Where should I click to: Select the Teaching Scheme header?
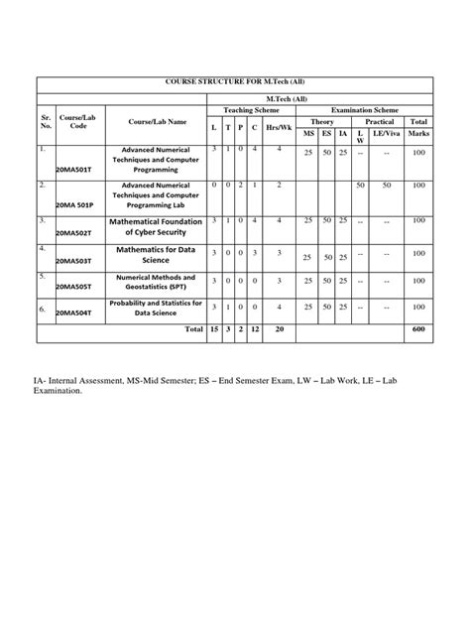(252, 110)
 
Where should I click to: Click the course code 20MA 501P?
(76, 204)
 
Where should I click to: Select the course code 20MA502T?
(75, 232)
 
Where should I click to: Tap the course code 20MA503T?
(75, 260)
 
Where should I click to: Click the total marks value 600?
(418, 328)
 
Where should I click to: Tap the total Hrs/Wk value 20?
(280, 328)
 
